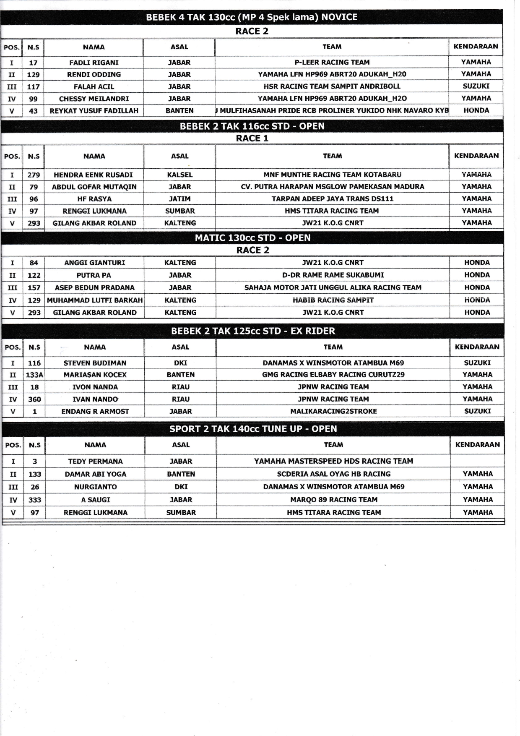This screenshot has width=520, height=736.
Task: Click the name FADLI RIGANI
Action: [94, 63]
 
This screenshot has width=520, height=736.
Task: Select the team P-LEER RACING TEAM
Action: [332, 62]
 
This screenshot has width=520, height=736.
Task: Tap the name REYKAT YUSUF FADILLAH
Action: [94, 111]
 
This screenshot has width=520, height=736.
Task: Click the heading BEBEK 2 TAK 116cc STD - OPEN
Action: [252, 126]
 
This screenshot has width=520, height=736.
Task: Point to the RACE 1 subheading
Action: [252, 138]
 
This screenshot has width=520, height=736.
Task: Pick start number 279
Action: [34, 175]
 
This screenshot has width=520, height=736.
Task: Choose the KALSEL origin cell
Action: [179, 175]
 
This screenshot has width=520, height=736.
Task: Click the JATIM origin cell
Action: [179, 199]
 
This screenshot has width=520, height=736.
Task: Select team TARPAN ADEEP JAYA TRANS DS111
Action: [332, 198]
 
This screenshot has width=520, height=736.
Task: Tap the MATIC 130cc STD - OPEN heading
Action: [252, 238]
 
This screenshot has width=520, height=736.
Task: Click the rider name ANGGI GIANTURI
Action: [94, 263]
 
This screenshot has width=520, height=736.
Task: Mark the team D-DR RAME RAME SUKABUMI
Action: [333, 275]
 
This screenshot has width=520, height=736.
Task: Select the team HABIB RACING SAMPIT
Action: [333, 300]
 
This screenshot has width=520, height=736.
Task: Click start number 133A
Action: [34, 375]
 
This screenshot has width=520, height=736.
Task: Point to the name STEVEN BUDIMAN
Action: [95, 363]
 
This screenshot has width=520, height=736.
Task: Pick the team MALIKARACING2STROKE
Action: [333, 411]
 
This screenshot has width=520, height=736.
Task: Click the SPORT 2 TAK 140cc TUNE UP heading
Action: [253, 429]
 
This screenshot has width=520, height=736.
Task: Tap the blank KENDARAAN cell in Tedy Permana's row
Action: [477, 461]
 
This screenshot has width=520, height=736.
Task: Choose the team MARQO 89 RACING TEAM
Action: [334, 500]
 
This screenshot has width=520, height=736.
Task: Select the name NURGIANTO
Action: [95, 487]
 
